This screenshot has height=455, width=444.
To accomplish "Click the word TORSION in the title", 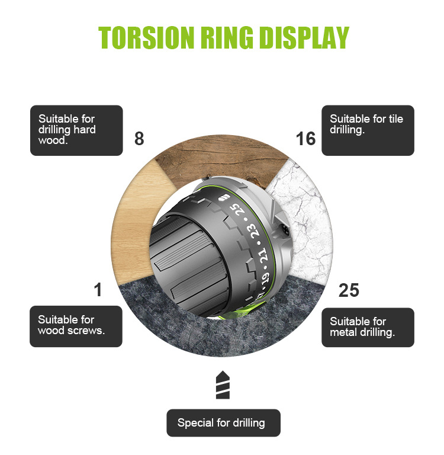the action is point(146,37).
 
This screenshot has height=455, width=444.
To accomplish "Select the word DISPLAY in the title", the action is point(304,37).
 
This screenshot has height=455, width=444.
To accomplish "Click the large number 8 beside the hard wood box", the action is point(139,139).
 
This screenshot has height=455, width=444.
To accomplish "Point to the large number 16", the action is point(305,139).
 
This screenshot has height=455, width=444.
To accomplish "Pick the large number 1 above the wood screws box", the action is point(98,290).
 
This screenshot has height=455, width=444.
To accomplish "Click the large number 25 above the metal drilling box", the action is point(349,290).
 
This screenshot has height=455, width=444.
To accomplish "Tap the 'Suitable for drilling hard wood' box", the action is point(76,130).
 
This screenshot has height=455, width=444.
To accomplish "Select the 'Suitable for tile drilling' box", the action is point(368,130).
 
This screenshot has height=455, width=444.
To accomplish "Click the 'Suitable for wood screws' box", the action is point(76,326).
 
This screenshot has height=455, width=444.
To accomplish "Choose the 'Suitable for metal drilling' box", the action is point(368,327).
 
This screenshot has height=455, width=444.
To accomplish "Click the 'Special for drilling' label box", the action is point(223,423).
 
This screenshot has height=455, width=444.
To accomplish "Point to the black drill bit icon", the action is point(223,384).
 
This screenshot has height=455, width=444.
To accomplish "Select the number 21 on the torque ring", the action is point(263,256).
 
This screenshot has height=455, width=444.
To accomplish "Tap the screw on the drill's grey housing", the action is point(285,230).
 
